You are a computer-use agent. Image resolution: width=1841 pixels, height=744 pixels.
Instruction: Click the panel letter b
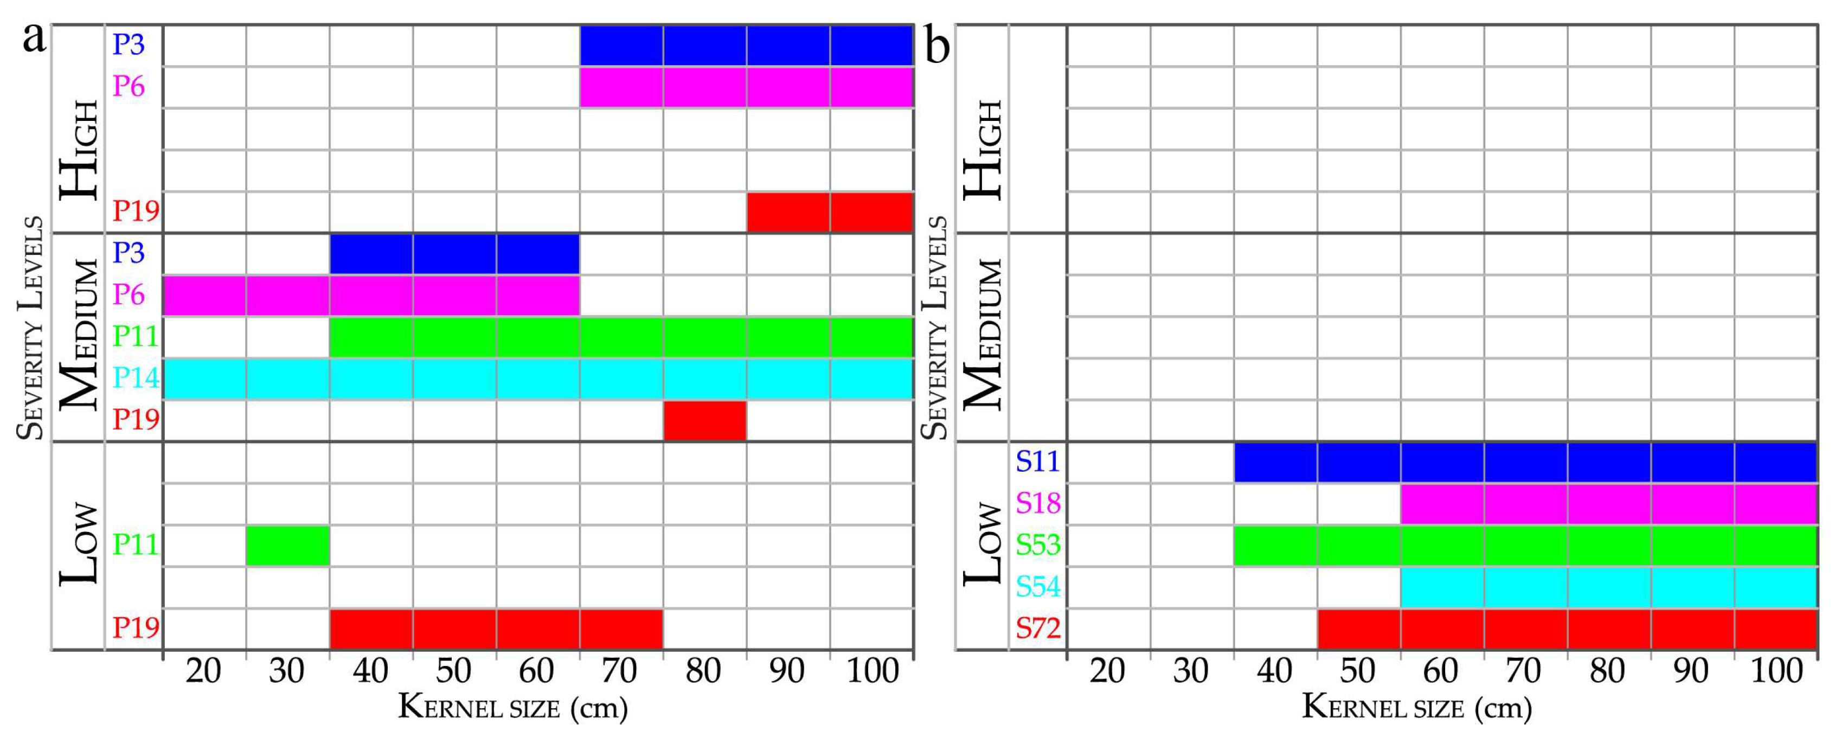point(937,47)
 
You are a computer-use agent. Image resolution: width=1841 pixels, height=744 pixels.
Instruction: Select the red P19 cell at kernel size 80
point(704,420)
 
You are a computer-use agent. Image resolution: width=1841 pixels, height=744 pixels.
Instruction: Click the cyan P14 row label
point(135,378)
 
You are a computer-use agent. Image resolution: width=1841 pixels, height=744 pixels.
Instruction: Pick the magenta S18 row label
point(1038,504)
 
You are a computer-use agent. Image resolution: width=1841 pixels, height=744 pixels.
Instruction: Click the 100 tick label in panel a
point(872,671)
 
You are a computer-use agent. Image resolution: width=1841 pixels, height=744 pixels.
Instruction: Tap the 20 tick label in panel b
point(1107,671)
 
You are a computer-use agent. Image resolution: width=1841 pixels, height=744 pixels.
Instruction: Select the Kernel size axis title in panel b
point(1416,708)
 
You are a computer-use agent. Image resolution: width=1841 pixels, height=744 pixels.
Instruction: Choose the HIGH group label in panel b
point(983,150)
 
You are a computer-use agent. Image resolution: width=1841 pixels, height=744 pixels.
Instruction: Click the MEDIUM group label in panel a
point(79,335)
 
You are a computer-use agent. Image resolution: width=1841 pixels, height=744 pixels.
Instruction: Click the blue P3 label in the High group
point(129,45)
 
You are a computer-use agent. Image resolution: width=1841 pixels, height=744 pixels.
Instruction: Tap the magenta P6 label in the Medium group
point(129,294)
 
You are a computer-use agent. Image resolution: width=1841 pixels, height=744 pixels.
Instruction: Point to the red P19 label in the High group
point(136,211)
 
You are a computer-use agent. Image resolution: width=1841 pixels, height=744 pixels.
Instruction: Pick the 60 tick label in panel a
point(537,671)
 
